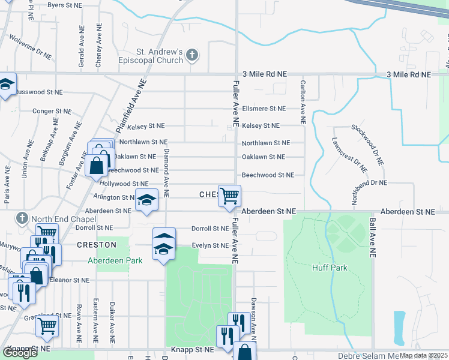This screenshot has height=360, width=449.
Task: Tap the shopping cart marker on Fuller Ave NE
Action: [229, 196]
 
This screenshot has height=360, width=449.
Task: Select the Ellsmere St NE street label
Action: [264, 109]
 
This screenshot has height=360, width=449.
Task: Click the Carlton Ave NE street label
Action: [303, 102]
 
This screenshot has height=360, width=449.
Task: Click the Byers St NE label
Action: [64, 5]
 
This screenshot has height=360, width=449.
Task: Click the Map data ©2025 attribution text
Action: [424, 355]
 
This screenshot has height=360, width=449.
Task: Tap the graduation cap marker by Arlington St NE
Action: [146, 201]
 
